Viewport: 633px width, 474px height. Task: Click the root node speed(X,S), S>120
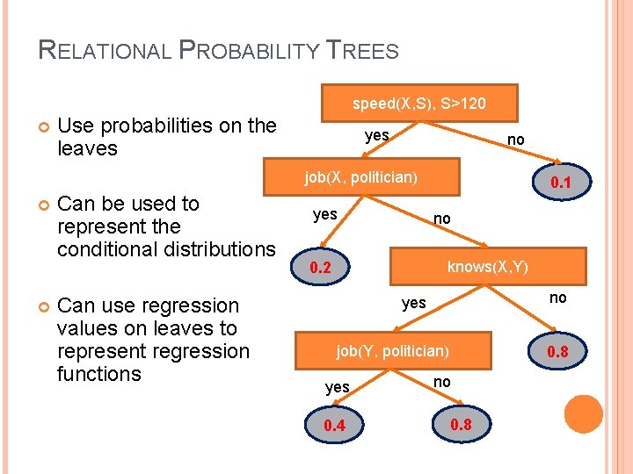pyautogui.click(x=418, y=104)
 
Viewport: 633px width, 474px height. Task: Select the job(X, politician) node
pyautogui.click(x=360, y=178)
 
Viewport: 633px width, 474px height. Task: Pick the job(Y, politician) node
pyautogui.click(x=392, y=351)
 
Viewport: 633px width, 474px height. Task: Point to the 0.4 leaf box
pyautogui.click(x=334, y=426)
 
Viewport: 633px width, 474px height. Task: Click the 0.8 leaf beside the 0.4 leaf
pyautogui.click(x=461, y=424)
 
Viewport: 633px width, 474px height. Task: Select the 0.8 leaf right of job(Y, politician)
pyautogui.click(x=558, y=352)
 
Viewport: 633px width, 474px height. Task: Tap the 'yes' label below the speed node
pyautogui.click(x=377, y=135)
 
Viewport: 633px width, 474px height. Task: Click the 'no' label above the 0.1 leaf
pyautogui.click(x=516, y=140)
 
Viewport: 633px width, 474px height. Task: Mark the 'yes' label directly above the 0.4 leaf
pyautogui.click(x=338, y=387)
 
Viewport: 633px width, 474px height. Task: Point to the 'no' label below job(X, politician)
pyautogui.click(x=442, y=218)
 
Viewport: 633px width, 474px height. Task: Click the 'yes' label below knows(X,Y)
pyautogui.click(x=413, y=303)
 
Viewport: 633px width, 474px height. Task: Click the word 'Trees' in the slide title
pyautogui.click(x=364, y=50)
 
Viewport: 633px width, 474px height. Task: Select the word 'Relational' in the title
pyautogui.click(x=105, y=50)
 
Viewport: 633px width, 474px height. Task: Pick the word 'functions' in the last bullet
pyautogui.click(x=98, y=374)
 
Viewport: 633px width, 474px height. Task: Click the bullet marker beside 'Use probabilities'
pyautogui.click(x=43, y=128)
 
